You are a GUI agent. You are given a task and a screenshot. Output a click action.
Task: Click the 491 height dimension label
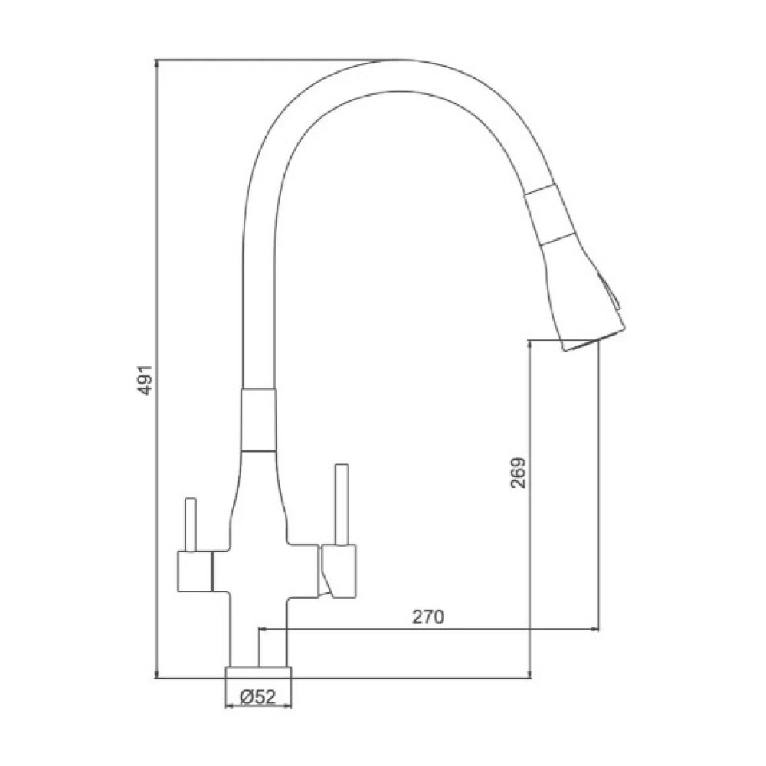(145, 380)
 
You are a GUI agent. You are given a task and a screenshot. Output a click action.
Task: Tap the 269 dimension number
(518, 473)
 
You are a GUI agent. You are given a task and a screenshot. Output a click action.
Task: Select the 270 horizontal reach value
(428, 617)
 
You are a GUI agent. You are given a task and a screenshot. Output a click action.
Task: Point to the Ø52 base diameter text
(258, 696)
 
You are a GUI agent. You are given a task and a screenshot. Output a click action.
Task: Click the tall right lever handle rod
(342, 504)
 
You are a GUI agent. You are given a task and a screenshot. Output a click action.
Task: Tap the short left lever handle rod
(191, 524)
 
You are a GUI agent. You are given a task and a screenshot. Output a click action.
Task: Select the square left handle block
(195, 571)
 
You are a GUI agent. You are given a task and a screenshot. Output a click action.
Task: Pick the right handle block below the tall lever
(338, 571)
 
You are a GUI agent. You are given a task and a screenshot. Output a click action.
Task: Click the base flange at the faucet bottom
(258, 673)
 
